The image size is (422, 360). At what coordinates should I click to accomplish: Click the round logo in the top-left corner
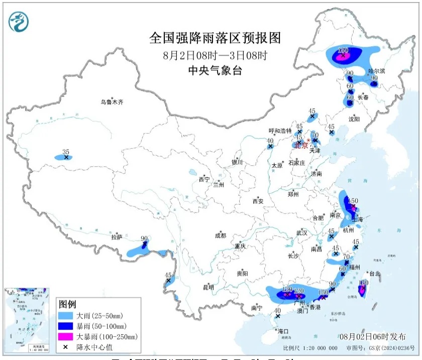click(x=19, y=21)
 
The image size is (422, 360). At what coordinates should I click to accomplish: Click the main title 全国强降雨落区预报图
click(x=215, y=38)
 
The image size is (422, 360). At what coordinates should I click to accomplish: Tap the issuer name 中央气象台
click(x=215, y=71)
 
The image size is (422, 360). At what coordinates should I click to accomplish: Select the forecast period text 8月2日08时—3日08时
click(x=215, y=55)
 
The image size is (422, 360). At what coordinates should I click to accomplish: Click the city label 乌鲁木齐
click(x=111, y=102)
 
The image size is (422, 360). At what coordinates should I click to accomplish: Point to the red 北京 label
click(x=300, y=146)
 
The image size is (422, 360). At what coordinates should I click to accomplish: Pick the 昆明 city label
click(x=208, y=288)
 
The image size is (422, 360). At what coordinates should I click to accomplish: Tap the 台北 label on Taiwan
click(x=375, y=274)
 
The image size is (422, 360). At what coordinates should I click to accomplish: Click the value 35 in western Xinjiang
click(x=65, y=151)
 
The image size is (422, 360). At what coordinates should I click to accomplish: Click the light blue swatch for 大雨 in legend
click(x=66, y=316)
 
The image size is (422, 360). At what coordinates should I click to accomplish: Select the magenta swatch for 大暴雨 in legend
click(x=66, y=336)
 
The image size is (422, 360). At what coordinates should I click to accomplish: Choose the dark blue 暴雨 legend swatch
click(x=66, y=326)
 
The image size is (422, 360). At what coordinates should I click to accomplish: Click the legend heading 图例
click(x=67, y=305)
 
